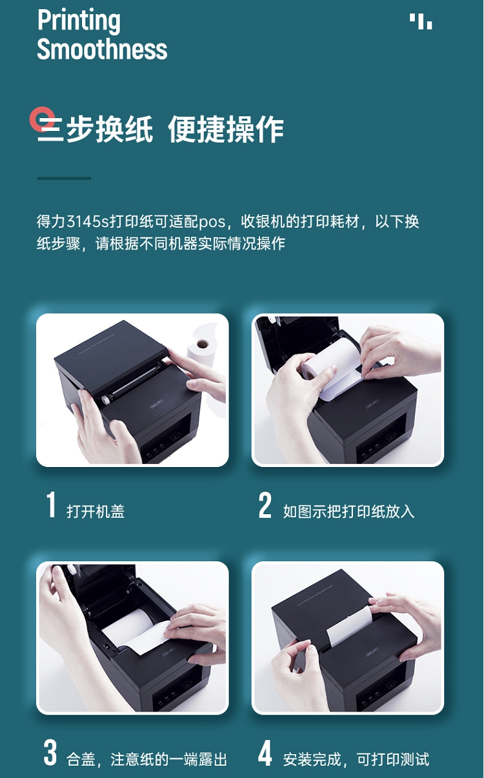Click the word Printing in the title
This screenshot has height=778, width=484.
pyautogui.click(x=79, y=21)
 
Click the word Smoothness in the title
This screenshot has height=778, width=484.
pyautogui.click(x=102, y=49)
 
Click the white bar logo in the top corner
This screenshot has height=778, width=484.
pyautogui.click(x=420, y=21)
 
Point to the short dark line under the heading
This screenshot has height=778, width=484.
pyautogui.click(x=65, y=178)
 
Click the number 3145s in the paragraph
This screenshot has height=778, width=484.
pyautogui.click(x=88, y=221)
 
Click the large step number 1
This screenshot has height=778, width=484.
pyautogui.click(x=52, y=504)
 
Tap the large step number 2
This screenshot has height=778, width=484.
pyautogui.click(x=265, y=504)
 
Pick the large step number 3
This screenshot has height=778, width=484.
pyautogui.click(x=50, y=753)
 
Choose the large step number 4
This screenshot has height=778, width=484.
pyautogui.click(x=265, y=753)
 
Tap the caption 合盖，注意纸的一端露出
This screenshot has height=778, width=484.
pyautogui.click(x=146, y=759)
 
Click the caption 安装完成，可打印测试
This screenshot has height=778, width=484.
pyautogui.click(x=356, y=759)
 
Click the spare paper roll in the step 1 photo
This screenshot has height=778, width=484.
pyautogui.click(x=201, y=347)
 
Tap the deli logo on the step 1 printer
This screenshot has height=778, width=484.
pyautogui.click(x=157, y=404)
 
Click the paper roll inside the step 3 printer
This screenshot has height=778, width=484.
pyautogui.click(x=129, y=627)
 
